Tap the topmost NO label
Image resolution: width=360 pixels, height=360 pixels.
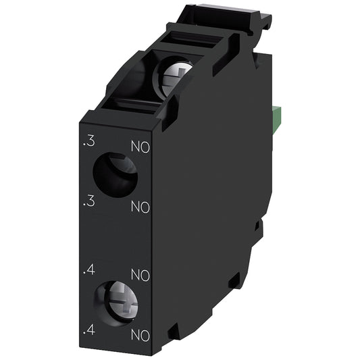[140, 145]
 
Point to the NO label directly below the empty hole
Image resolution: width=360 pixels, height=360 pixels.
[140, 205]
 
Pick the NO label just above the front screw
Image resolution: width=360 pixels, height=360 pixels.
[140, 275]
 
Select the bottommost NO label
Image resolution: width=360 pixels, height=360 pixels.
[140, 333]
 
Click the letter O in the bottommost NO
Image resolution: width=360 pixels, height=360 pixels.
[145, 333]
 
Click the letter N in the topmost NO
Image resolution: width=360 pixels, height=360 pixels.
[135, 145]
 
